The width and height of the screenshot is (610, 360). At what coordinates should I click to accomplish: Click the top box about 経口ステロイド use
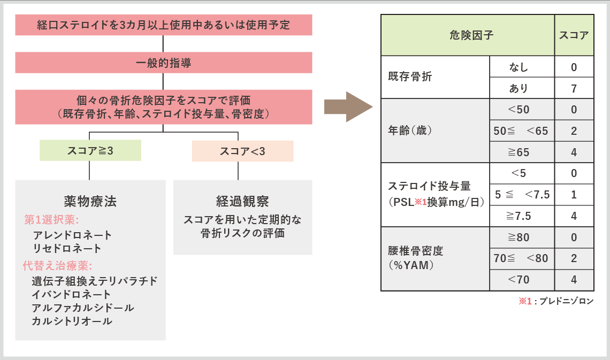coord(163,25)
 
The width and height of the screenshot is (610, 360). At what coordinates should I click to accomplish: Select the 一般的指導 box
coord(163,63)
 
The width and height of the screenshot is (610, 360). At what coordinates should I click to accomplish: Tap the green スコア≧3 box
coord(90,151)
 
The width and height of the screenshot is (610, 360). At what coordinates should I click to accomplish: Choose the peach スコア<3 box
coord(242,151)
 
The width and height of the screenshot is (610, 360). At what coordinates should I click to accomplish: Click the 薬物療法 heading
coord(90,201)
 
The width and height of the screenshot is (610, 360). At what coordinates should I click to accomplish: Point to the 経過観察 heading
coord(242,201)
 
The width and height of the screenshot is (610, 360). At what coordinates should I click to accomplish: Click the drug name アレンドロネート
coord(72,235)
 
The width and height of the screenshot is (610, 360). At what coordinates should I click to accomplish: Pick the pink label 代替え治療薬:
coord(57,265)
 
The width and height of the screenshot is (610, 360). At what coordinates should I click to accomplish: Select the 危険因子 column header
coord(467,35)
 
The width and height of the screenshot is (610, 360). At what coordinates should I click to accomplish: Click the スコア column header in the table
coord(574,35)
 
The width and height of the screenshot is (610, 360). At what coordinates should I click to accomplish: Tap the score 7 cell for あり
coord(574,88)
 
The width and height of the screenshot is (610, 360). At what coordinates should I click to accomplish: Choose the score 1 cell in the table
coord(574,195)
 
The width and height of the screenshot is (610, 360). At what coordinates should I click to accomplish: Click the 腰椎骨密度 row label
coord(416,251)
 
